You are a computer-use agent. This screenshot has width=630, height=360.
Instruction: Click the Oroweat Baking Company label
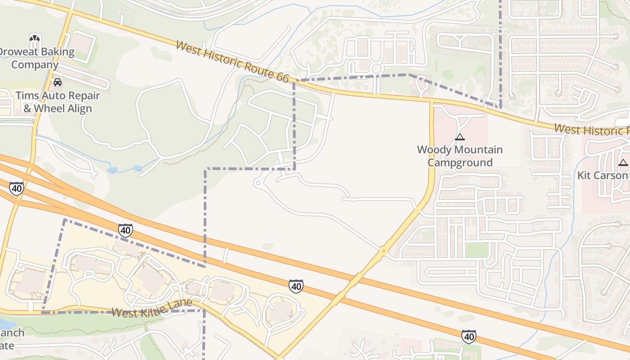pos(36,58)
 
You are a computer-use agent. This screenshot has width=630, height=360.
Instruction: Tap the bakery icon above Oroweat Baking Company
pos(35,39)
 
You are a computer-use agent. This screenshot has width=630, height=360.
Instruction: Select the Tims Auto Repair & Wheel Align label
pos(58,102)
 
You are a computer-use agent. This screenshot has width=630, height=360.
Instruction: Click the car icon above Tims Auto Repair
pos(58,82)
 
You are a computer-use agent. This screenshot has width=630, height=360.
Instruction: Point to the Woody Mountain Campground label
pos(459,156)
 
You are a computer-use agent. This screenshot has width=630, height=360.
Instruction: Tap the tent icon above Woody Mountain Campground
pos(459,137)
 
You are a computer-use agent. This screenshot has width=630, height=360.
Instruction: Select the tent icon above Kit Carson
pos(623,162)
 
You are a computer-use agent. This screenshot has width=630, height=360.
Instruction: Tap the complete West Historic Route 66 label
pos(232,62)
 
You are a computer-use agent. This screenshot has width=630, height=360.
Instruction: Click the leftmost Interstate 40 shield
pos(16,189)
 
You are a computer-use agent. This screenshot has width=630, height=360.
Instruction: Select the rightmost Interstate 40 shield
pos(468,336)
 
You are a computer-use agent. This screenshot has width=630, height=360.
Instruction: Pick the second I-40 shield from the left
pos(126,230)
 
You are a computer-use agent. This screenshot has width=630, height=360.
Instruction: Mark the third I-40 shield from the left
pos(296,286)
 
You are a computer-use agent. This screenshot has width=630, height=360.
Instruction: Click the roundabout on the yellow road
pos(383,251)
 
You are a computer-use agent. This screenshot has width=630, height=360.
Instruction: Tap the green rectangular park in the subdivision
pos(477,250)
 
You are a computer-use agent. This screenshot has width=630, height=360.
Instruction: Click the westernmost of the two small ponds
pos(112,171)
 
